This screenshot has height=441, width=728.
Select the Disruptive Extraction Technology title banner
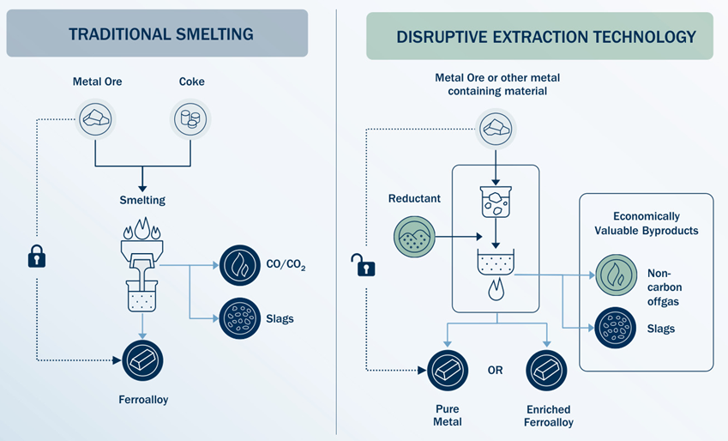pos(539,36)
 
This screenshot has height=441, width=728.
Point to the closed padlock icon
pos(36,257)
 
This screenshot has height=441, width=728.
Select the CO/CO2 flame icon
pos(240,266)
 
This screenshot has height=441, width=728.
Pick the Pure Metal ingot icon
pos(447,371)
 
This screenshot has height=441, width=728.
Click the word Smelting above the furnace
pos(141,200)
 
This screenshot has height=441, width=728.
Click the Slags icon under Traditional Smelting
pos(240,318)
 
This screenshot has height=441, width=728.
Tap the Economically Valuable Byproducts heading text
pos(647,224)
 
